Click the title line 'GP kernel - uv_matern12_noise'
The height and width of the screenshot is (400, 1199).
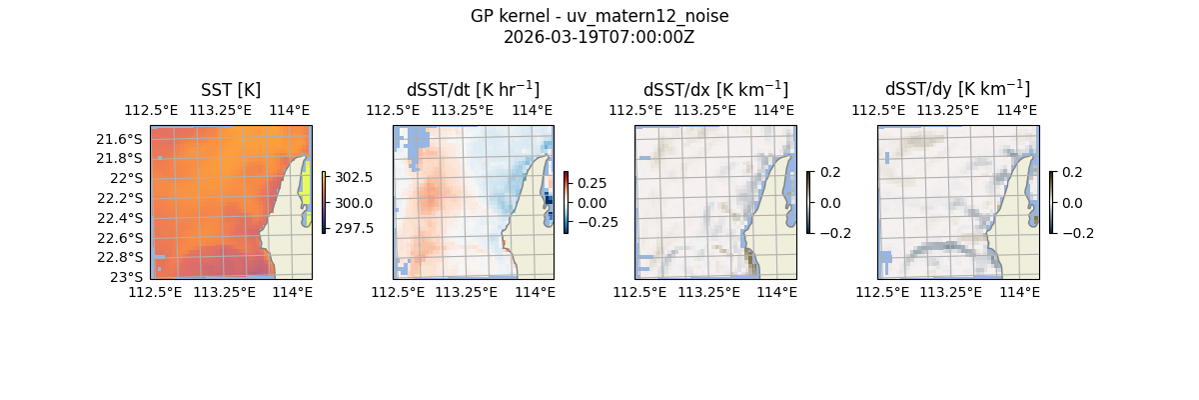tap(599, 16)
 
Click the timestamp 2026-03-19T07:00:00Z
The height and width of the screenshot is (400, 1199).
tap(599, 37)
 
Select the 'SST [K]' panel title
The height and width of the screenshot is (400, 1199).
tap(231, 90)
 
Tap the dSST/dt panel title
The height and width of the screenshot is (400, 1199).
tap(473, 90)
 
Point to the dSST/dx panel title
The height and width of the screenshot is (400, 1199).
tap(715, 90)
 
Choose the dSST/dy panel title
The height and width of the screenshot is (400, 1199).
tap(957, 90)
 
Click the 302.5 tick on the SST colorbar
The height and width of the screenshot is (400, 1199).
tap(353, 177)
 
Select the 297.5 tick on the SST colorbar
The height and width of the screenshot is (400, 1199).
tap(353, 228)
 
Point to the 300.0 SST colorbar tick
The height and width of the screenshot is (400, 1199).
tap(353, 203)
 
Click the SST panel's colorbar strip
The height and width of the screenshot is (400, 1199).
tap(324, 202)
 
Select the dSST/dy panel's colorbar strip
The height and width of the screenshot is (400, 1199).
tap(1051, 202)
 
